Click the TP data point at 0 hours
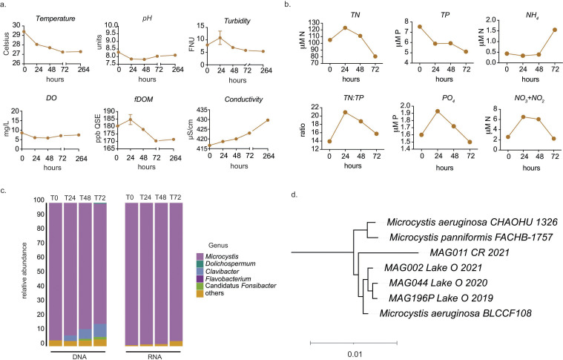414,27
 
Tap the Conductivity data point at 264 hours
268,120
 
